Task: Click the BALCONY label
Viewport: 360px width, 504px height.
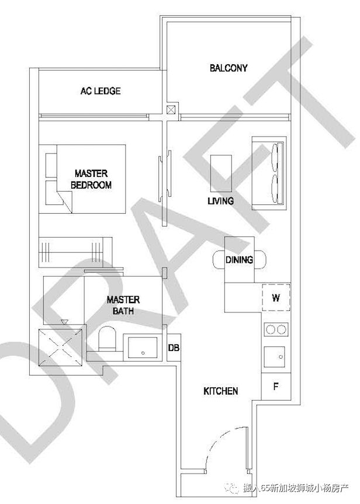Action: [x=229, y=68]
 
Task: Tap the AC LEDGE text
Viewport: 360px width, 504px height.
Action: [x=101, y=91]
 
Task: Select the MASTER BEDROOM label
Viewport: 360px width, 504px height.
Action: [x=91, y=179]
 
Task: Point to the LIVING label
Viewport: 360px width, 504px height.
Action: [x=220, y=201]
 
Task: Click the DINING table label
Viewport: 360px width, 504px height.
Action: [x=239, y=260]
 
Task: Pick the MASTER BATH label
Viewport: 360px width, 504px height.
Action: [x=123, y=305]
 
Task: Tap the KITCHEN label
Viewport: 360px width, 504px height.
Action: [x=221, y=391]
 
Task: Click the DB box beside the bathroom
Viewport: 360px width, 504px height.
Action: [x=174, y=347]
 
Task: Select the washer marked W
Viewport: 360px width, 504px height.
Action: [x=276, y=297]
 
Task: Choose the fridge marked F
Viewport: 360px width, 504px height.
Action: [x=276, y=387]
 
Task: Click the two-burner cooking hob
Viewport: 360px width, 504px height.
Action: [x=276, y=329]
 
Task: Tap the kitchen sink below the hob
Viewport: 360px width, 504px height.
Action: [x=275, y=357]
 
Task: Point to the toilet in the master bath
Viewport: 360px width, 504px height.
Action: [x=107, y=339]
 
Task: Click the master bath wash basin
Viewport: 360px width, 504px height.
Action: [x=143, y=347]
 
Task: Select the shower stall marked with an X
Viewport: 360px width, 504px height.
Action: [x=60, y=347]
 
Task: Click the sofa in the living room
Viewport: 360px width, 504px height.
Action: [x=269, y=173]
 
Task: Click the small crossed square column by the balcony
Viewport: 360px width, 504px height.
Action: [x=171, y=110]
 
